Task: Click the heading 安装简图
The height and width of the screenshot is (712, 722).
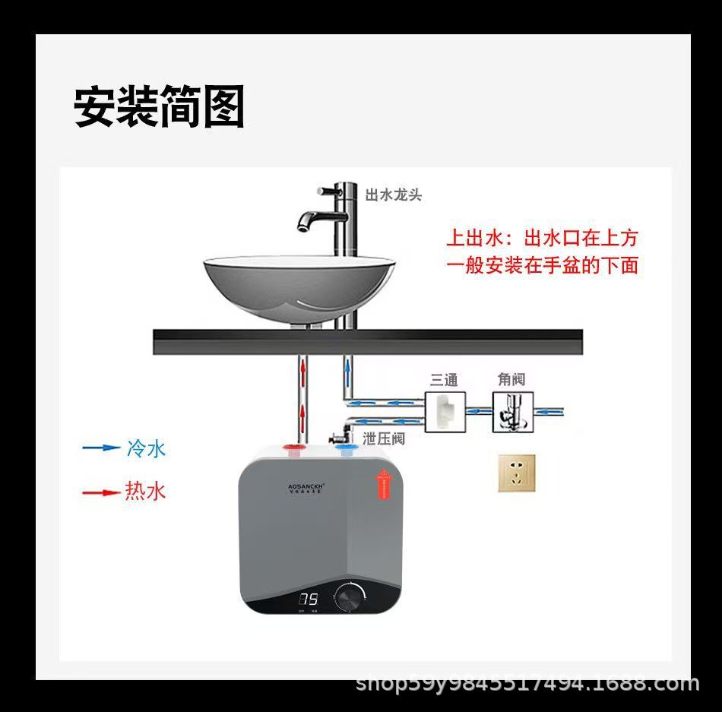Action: click(159, 107)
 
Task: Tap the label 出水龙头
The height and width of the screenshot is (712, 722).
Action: click(393, 195)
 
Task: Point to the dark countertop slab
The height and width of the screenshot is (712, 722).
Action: click(368, 341)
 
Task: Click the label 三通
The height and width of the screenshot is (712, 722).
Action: click(444, 379)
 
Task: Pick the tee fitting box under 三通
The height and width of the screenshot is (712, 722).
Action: click(445, 413)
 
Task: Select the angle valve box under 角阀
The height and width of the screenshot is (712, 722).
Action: click(513, 413)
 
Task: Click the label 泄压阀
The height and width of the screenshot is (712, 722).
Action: click(383, 438)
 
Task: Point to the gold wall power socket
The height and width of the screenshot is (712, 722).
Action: click(517, 473)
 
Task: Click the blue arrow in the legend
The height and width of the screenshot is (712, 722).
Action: click(100, 448)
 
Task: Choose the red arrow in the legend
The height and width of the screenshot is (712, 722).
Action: click(100, 492)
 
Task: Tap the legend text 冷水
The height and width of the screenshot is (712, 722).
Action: click(145, 448)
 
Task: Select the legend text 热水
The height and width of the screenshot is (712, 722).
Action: click(145, 491)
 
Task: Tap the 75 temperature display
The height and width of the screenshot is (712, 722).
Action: click(308, 599)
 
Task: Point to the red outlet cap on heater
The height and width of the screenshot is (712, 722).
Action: click(293, 450)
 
